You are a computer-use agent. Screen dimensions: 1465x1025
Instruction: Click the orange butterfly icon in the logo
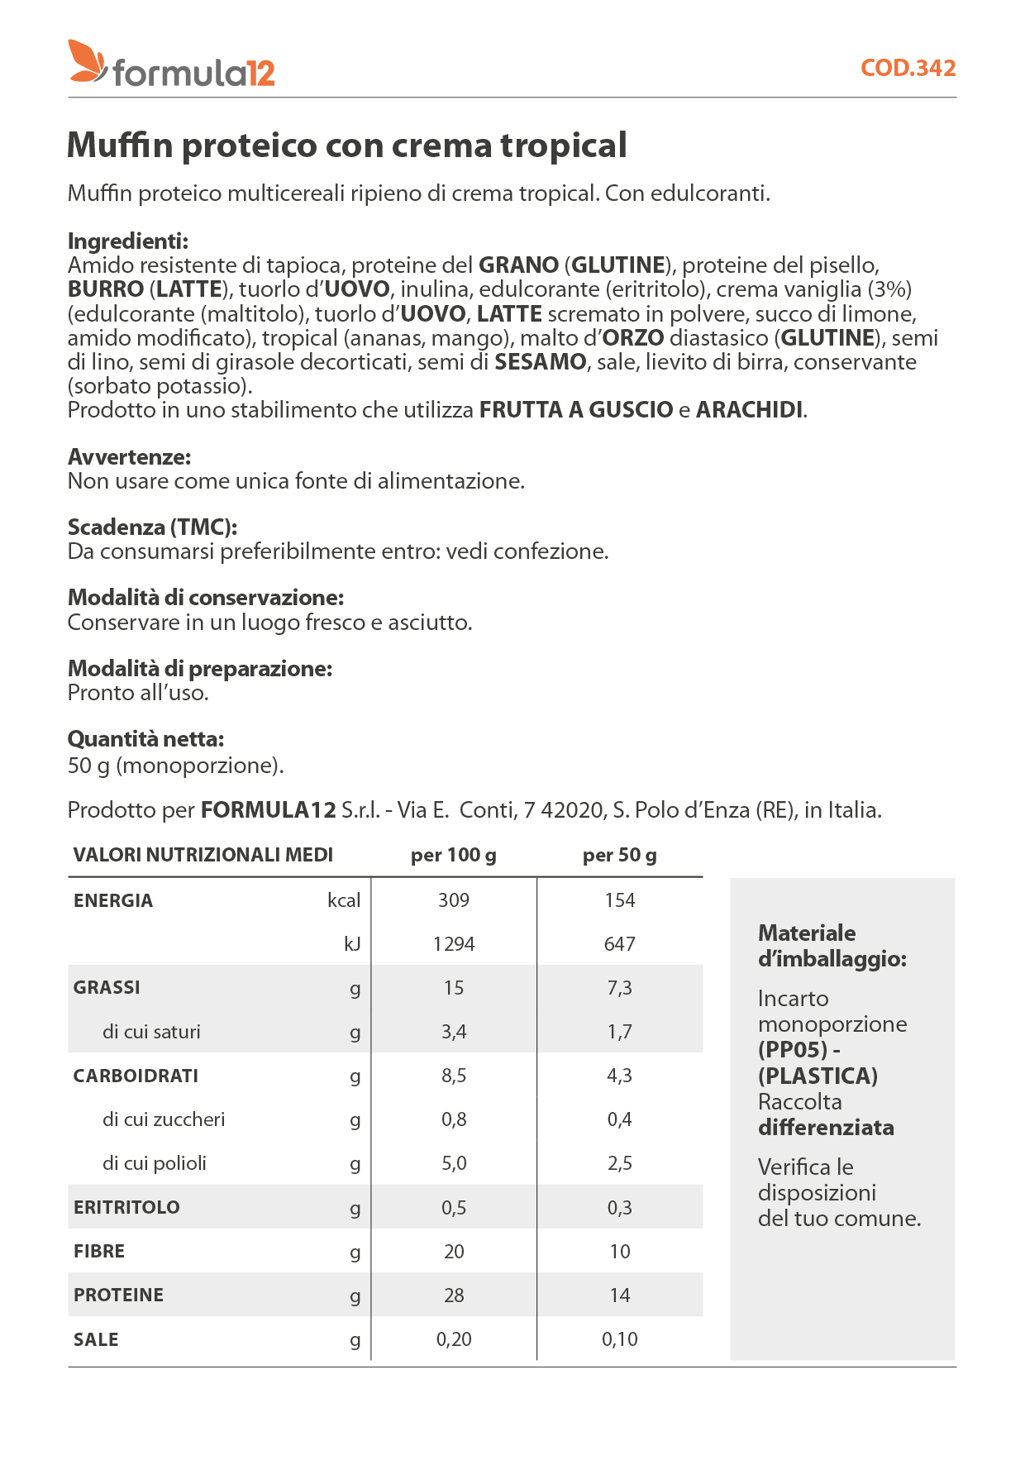pyautogui.click(x=87, y=61)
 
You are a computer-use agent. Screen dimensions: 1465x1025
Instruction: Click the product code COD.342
pyautogui.click(x=908, y=68)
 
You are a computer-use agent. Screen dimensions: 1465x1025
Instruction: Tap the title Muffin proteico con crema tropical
pyautogui.click(x=346, y=146)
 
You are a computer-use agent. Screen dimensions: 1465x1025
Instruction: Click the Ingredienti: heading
pyautogui.click(x=128, y=241)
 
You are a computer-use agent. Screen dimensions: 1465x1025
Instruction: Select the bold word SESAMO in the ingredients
pyautogui.click(x=540, y=362)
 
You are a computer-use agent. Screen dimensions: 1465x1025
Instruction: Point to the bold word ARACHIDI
pyautogui.click(x=749, y=410)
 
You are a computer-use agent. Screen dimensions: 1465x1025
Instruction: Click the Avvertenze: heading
pyautogui.click(x=129, y=457)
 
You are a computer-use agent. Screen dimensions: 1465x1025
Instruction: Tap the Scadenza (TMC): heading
pyautogui.click(x=153, y=527)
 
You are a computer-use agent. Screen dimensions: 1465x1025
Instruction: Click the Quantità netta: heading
pyautogui.click(x=145, y=739)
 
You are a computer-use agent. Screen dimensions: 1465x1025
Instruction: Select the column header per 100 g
pyautogui.click(x=453, y=855)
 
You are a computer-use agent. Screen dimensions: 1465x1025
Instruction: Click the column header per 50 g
pyautogui.click(x=619, y=855)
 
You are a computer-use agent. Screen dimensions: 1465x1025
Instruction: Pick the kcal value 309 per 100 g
pyautogui.click(x=453, y=900)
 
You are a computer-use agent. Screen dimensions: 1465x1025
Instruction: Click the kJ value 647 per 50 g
pyautogui.click(x=619, y=944)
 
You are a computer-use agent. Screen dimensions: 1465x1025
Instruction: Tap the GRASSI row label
pyautogui.click(x=107, y=988)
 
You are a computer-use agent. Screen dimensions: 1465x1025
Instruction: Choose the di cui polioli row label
pyautogui.click(x=155, y=1163)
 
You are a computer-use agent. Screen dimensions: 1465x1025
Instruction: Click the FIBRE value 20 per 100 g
pyautogui.click(x=453, y=1252)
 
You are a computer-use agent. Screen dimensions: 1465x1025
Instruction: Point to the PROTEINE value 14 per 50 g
pyautogui.click(x=619, y=1296)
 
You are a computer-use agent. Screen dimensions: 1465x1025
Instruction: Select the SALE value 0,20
pyautogui.click(x=453, y=1339)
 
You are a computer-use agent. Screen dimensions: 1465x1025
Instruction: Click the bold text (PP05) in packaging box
pyautogui.click(x=793, y=1050)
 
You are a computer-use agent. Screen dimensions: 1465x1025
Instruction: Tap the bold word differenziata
pyautogui.click(x=826, y=1128)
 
